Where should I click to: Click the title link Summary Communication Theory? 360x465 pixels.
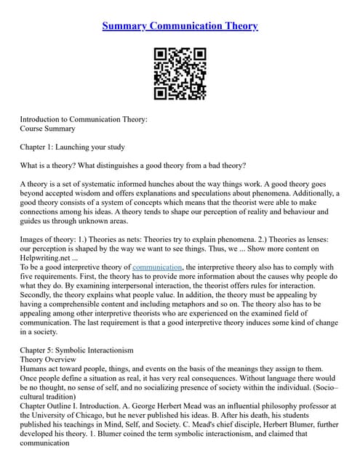click(x=180, y=27)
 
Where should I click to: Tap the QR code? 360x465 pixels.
click(x=180, y=73)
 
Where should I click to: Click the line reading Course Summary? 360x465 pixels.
click(x=47, y=129)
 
